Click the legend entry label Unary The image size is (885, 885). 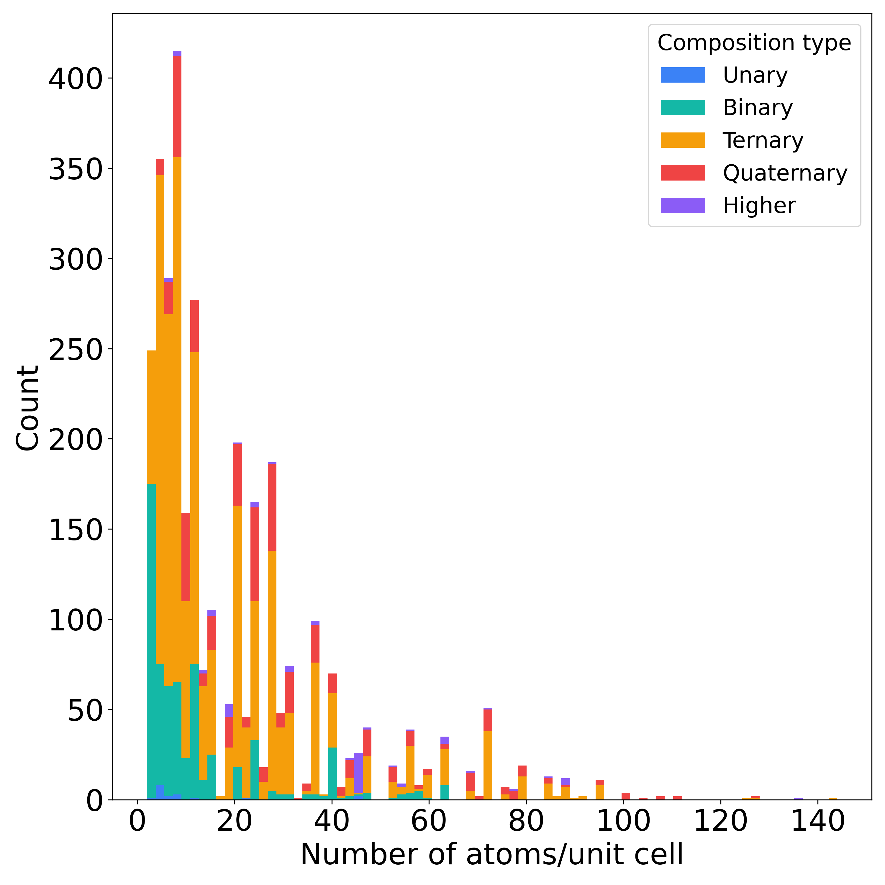pos(755,75)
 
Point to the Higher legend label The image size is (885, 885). pos(759,206)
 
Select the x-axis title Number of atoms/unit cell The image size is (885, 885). pos(491,855)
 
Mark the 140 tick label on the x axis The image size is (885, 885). pos(818,821)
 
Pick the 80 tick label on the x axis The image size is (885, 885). pos(526,821)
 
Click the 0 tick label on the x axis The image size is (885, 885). pos(137,821)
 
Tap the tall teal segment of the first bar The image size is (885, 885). pos(151,641)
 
